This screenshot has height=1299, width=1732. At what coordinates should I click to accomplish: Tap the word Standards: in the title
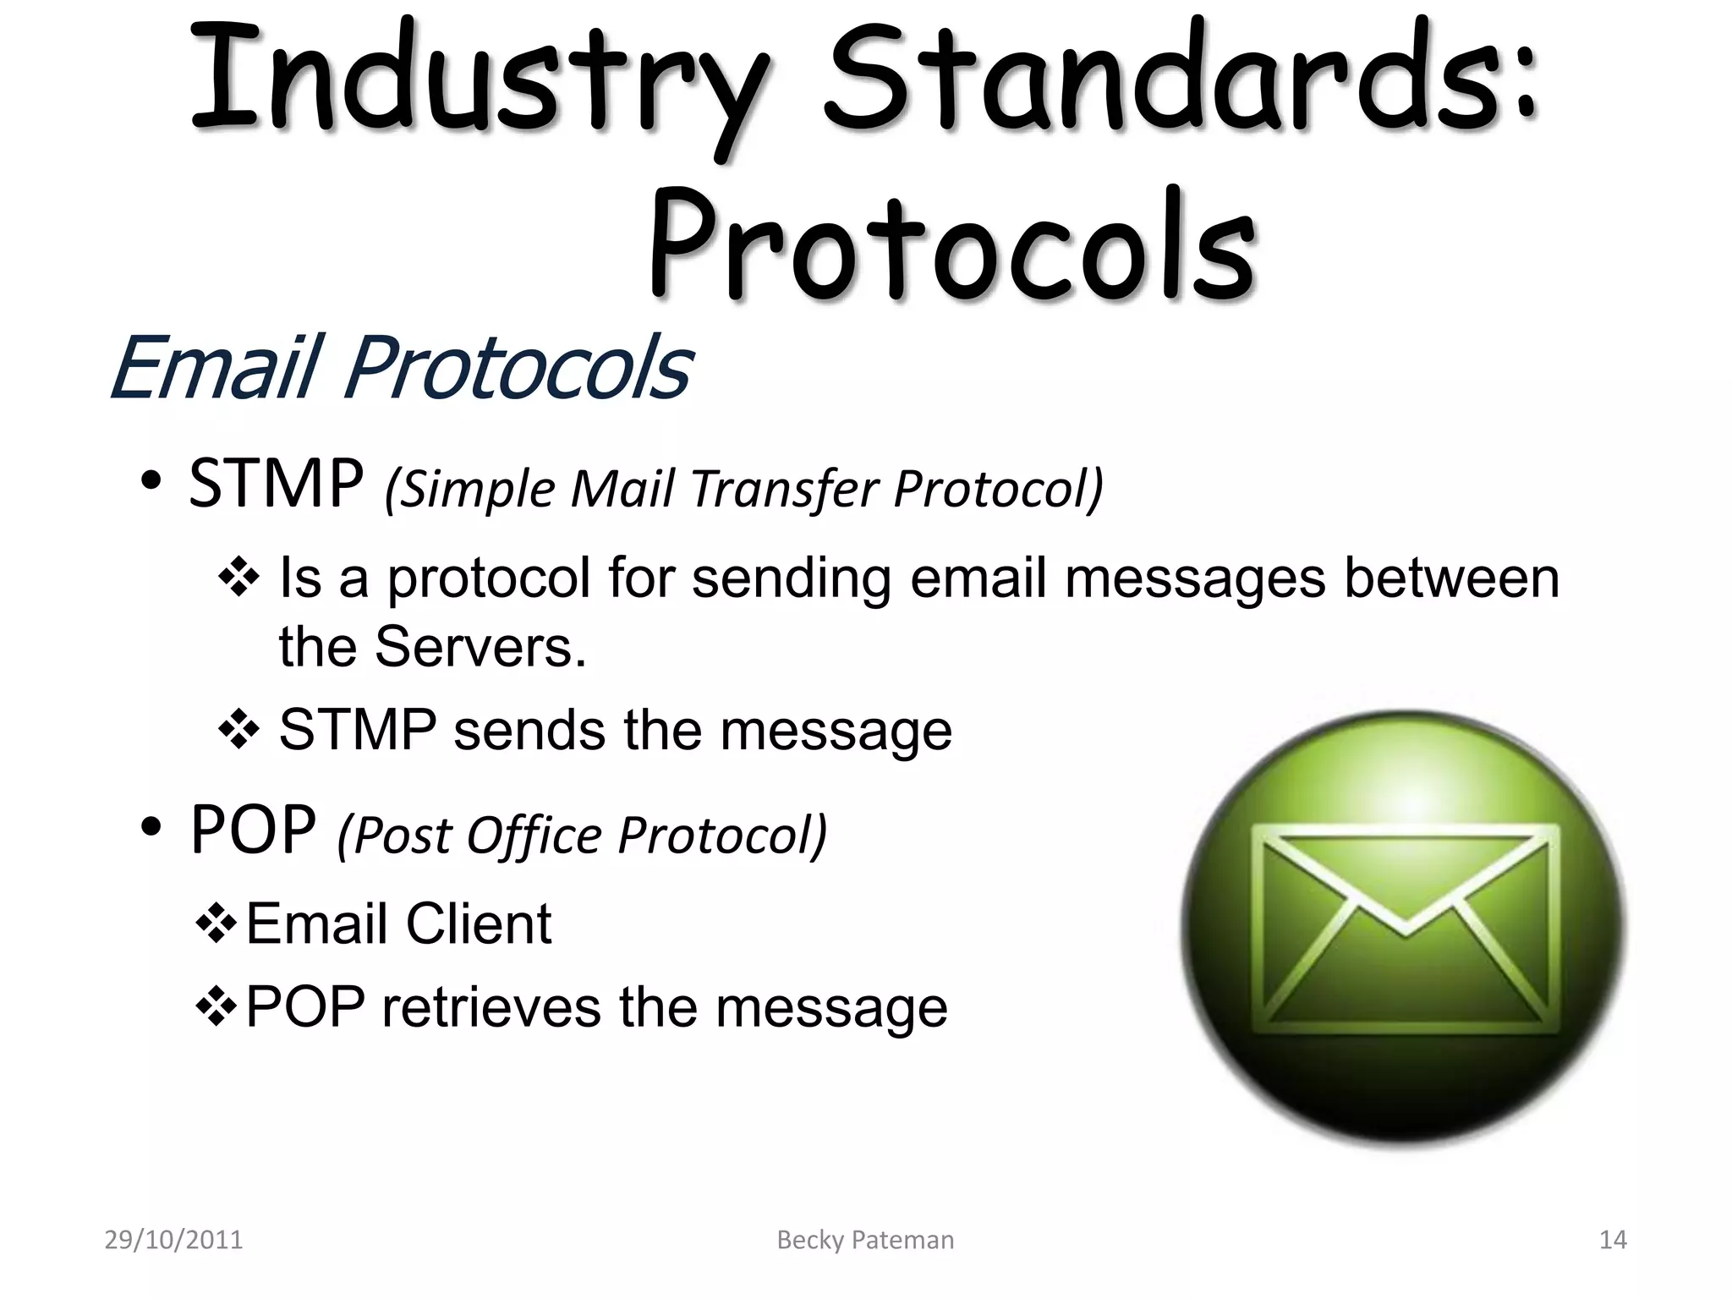1180,80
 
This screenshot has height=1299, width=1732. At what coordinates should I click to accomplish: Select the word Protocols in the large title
951,245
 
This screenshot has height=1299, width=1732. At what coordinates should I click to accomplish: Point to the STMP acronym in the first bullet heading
276,484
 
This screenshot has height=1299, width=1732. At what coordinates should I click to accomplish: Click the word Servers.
480,647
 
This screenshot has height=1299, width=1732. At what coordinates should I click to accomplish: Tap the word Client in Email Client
478,924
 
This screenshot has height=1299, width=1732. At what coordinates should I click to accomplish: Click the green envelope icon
1404,929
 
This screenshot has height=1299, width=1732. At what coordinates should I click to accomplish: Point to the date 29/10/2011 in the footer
173,1240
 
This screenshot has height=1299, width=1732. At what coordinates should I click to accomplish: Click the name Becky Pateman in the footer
865,1240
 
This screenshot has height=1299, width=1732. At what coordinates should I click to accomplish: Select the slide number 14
1613,1240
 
